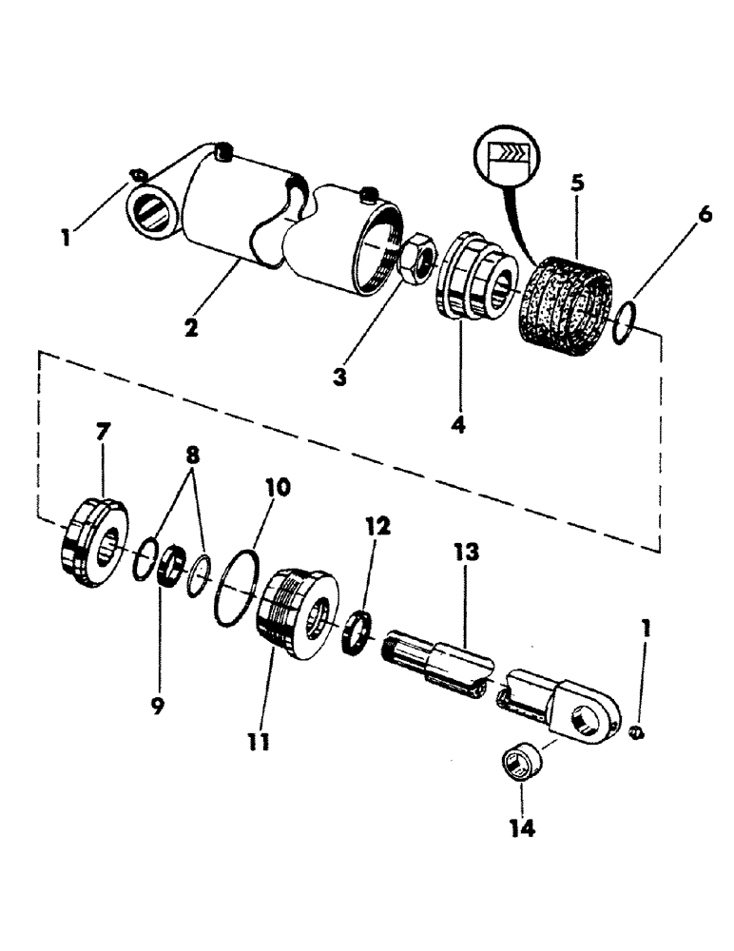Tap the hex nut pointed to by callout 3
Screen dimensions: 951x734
click(417, 258)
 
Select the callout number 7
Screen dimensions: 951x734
click(103, 433)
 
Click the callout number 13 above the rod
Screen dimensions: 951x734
click(466, 552)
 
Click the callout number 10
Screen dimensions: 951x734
click(278, 489)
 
